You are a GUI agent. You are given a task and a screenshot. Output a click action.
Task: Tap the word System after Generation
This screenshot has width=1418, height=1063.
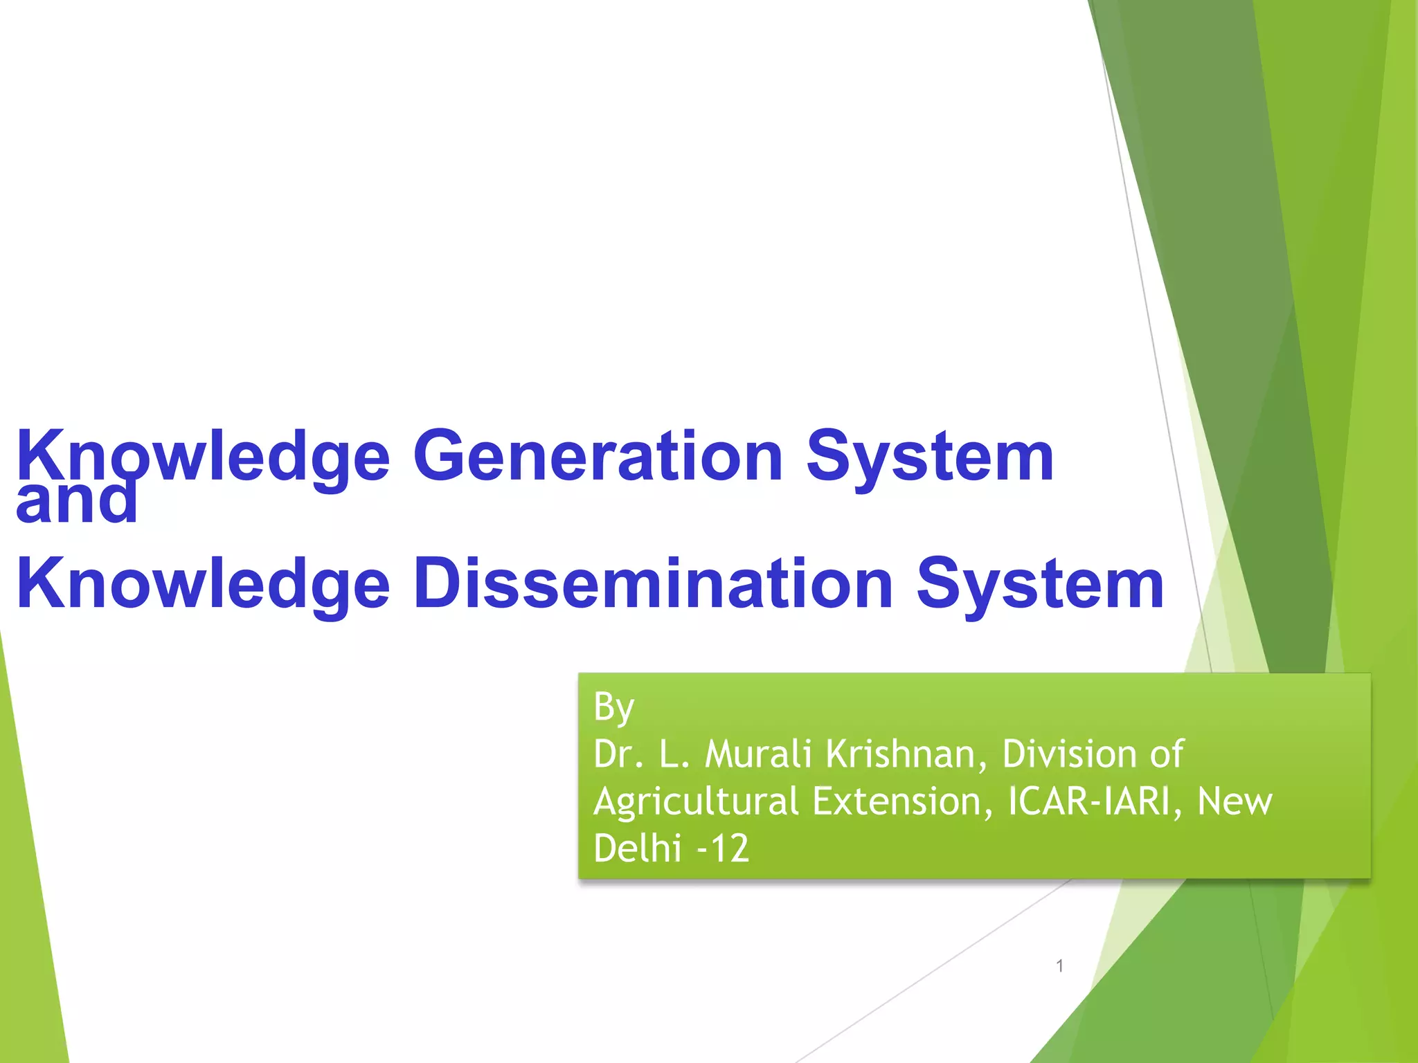click(929, 456)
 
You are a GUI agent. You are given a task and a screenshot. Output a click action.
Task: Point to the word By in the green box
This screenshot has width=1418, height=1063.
click(613, 707)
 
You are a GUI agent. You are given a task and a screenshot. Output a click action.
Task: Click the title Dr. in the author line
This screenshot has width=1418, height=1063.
click(618, 754)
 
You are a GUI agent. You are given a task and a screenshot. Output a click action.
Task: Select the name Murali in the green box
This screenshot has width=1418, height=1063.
click(757, 754)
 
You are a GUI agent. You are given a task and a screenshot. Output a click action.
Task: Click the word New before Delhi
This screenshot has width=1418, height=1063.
click(1235, 801)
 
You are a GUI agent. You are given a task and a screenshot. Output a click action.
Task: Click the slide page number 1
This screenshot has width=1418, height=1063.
click(1059, 965)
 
